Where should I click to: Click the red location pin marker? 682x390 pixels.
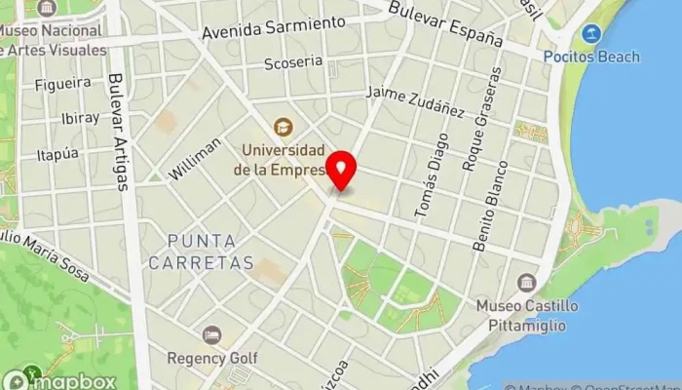pos(341,172)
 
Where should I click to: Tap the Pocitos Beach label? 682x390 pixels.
pos(591,57)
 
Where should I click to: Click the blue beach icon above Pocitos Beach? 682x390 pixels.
pos(590,34)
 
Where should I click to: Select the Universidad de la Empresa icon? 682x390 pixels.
pos(283,127)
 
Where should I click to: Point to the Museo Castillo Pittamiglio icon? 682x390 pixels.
pos(527,283)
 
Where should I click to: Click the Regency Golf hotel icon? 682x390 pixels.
pos(211,334)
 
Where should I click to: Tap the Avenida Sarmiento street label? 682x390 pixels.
pos(274,27)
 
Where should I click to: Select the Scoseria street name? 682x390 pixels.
pos(293,62)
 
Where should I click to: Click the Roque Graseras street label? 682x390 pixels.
pos(482,120)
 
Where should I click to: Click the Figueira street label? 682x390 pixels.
pos(62,85)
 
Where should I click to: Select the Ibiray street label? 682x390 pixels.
pos(80,118)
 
